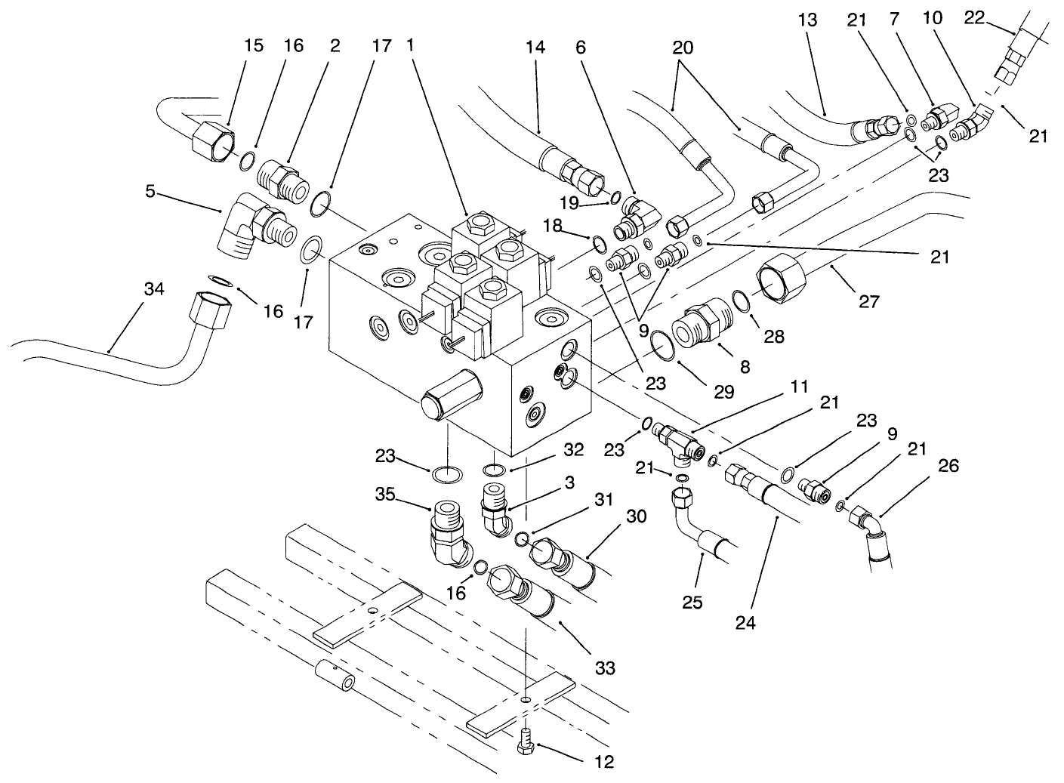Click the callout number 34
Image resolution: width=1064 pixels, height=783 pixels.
pos(155,290)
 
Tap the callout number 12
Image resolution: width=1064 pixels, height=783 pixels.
pos(603,762)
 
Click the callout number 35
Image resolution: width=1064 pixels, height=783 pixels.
pos(387,495)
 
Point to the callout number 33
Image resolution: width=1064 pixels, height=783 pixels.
pos(604,667)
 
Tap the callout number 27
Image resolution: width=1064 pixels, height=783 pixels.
pos(868,301)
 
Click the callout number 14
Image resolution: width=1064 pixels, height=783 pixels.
pos(535,47)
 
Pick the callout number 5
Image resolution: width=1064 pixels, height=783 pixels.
pos(150,192)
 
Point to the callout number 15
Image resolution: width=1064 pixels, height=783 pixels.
pos(254,46)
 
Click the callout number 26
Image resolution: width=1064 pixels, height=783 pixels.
pos(948,466)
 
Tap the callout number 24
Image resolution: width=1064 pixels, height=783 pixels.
pos(747,624)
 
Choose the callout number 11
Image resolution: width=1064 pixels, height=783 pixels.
pos(799,387)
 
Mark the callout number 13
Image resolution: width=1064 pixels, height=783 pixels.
pos(807,20)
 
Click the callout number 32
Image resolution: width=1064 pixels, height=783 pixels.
pos(574,450)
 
